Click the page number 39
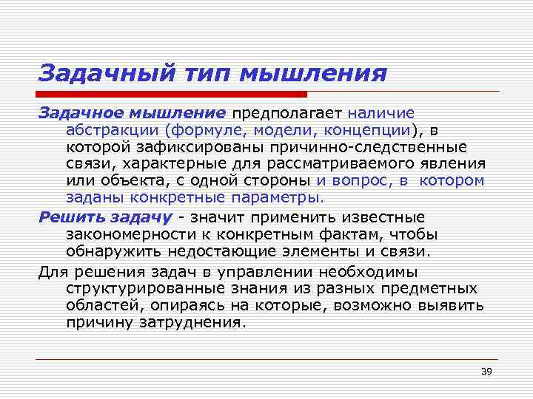point(486,371)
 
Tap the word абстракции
point(111,130)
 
